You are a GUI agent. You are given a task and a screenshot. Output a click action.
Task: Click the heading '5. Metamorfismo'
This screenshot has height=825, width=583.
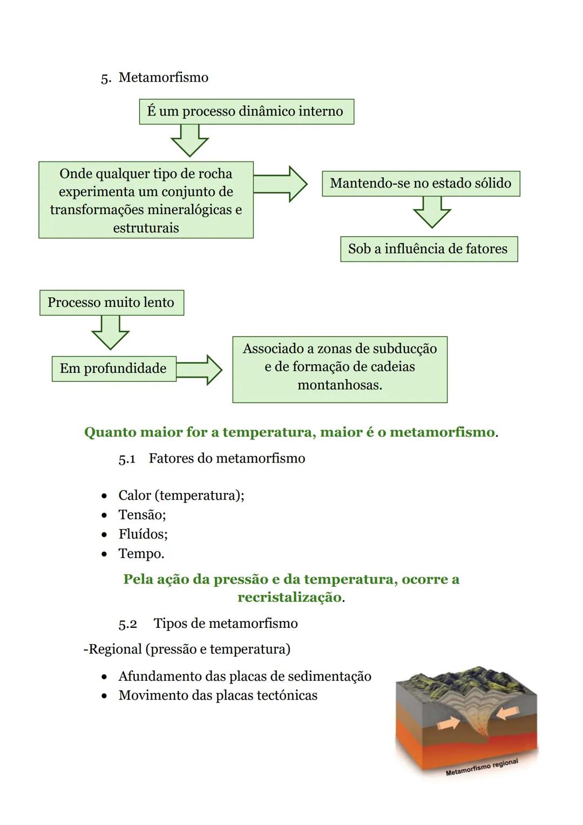[155, 77]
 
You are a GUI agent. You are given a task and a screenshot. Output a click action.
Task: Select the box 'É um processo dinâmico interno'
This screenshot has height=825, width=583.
[246, 111]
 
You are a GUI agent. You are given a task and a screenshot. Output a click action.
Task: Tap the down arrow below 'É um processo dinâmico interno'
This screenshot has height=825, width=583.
[189, 140]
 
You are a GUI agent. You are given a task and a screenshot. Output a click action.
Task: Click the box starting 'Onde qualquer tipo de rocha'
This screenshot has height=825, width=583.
[146, 200]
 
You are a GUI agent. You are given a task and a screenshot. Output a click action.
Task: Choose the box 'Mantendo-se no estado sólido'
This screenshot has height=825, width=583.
[421, 183]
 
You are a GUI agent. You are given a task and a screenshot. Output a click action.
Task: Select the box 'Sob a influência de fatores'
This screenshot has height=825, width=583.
[429, 249]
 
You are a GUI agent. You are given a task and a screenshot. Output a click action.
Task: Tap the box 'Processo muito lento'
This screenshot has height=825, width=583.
[111, 302]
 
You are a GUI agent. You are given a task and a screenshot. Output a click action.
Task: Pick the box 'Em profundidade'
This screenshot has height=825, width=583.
[113, 368]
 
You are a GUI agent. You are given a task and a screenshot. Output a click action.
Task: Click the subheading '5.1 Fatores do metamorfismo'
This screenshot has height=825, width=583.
[212, 459]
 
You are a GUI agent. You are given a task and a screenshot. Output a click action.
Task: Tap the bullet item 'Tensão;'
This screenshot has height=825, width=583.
[142, 515]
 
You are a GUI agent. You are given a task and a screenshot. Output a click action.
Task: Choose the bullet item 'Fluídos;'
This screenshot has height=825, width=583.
[143, 534]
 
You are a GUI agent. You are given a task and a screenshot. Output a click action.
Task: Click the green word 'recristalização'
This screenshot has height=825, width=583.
[289, 597]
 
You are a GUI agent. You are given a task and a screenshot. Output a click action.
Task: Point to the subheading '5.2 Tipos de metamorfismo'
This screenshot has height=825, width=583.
[208, 623]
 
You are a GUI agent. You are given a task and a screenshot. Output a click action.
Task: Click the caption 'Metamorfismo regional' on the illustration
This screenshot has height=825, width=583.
[482, 767]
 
